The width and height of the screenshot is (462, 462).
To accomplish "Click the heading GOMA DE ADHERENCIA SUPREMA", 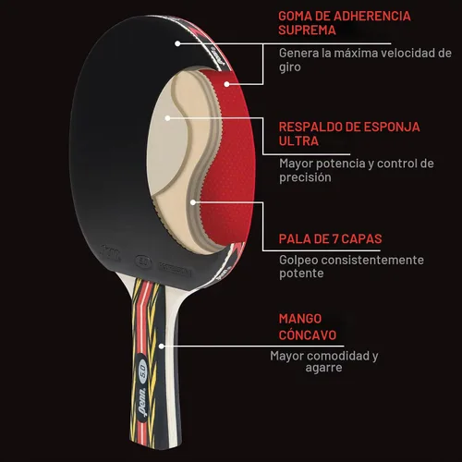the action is [x=345, y=23].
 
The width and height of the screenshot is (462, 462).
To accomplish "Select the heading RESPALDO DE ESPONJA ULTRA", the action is [x=349, y=134].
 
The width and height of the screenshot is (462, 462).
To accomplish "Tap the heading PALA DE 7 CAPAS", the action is [x=330, y=239].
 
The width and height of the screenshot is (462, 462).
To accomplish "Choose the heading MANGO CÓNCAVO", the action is [x=308, y=327].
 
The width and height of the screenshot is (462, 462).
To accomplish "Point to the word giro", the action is [x=290, y=67].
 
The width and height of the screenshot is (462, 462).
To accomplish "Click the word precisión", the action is [x=305, y=177].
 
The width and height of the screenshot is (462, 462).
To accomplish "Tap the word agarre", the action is [x=323, y=368].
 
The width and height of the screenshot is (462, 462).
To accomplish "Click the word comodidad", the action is [x=339, y=356].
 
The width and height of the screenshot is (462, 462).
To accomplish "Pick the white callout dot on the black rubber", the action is [x=177, y=43].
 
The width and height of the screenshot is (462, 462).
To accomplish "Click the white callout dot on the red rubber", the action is [x=226, y=84].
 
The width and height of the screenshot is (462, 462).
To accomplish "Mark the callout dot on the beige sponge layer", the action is [x=167, y=118].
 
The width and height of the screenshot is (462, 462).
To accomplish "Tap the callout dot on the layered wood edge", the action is [x=193, y=202].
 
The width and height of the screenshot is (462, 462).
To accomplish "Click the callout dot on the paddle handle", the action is [x=162, y=346].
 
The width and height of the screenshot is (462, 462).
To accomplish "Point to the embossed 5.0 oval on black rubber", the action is [x=144, y=262].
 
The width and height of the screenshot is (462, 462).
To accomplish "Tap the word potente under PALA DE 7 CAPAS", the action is [x=301, y=274].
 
